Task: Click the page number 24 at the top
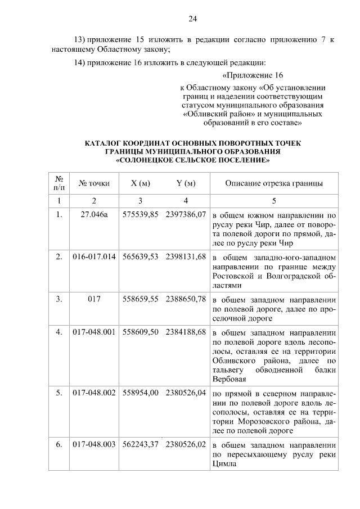tap(192, 19)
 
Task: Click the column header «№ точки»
tap(94, 183)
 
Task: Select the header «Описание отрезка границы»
tap(274, 183)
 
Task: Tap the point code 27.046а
tap(94, 215)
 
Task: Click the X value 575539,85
tap(141, 215)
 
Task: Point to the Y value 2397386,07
tap(186, 215)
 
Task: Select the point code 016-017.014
tap(94, 257)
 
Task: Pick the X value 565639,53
tap(141, 257)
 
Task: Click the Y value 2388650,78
tap(186, 299)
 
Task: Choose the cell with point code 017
tap(94, 299)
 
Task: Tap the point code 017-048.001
tap(94, 331)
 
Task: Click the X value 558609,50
tap(141, 331)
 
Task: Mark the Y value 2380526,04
tap(186, 393)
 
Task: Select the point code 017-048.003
tap(94, 444)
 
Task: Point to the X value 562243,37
tap(141, 444)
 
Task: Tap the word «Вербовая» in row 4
tap(229, 380)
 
